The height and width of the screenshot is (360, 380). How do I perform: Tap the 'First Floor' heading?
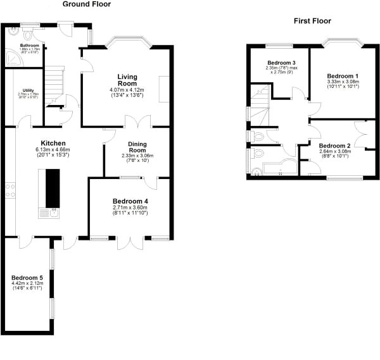pos(312,21)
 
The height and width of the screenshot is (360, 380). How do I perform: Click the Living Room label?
pos(127,80)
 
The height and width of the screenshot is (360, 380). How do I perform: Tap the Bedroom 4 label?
pos(130,201)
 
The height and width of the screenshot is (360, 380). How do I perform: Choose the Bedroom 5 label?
pos(27,276)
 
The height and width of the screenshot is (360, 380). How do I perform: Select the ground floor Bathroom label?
pos(29,46)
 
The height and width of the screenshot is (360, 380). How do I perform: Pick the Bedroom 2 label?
pos(335,145)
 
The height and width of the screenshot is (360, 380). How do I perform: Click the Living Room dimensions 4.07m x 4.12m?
pos(127,90)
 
